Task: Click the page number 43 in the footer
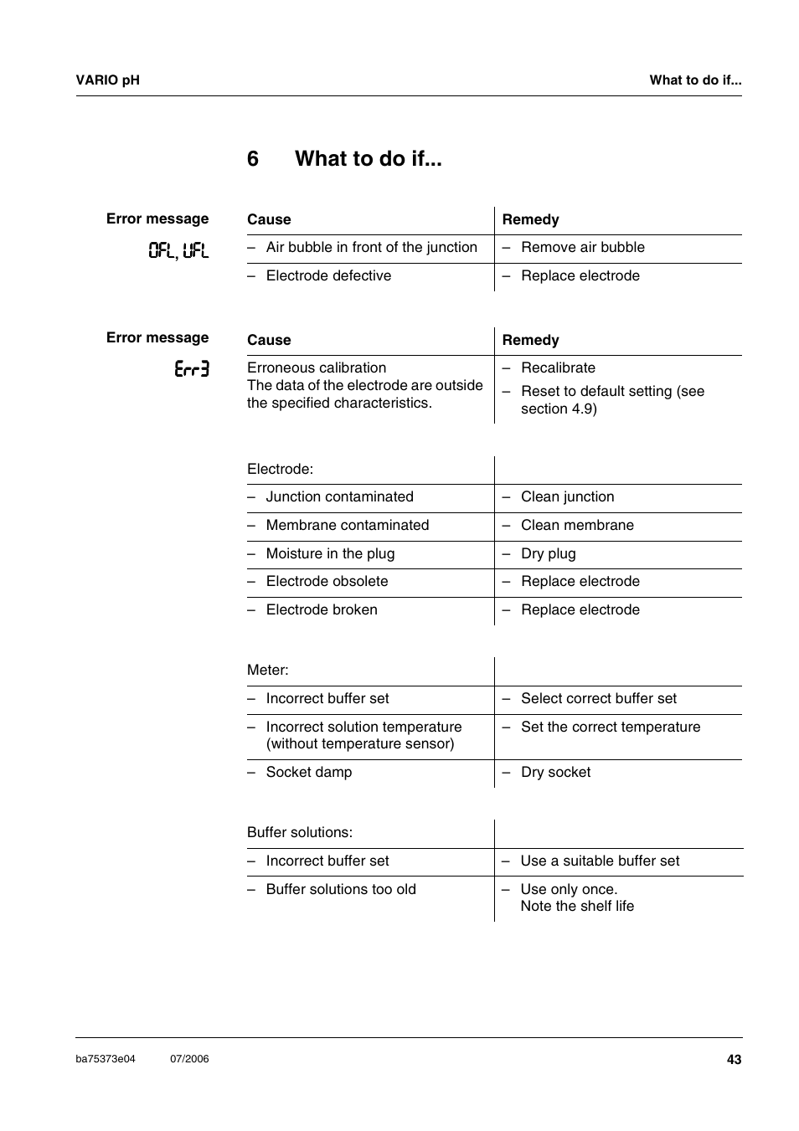click(x=734, y=1060)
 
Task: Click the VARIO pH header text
click(x=108, y=80)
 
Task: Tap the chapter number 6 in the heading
click(x=253, y=159)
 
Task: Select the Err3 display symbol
click(x=192, y=369)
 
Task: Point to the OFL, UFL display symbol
click(x=178, y=250)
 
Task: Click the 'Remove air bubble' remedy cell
click(x=582, y=248)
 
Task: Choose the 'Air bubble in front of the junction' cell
click(x=371, y=248)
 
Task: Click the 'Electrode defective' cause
click(x=328, y=276)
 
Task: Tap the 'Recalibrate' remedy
click(x=558, y=368)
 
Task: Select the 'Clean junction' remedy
click(x=567, y=497)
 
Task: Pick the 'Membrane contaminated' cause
click(x=347, y=526)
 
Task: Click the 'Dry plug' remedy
click(x=548, y=554)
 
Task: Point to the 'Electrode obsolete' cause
click(x=327, y=582)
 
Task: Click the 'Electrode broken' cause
click(x=322, y=610)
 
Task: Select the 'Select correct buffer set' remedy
click(x=598, y=699)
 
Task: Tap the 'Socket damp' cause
click(x=308, y=773)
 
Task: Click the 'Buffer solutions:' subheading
click(x=300, y=833)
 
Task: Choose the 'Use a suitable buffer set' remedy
click(x=600, y=861)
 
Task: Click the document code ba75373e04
click(x=106, y=1059)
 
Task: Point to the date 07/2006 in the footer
click(x=189, y=1059)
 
